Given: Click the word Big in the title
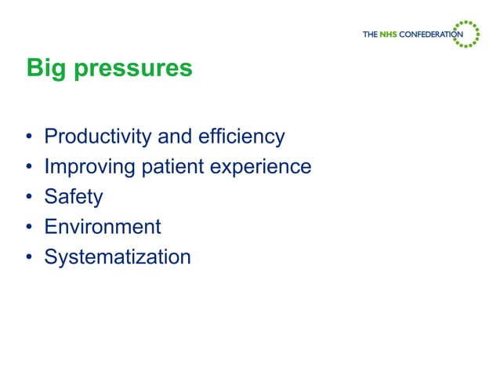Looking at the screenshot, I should (44, 68).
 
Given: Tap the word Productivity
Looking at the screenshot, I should (98, 137).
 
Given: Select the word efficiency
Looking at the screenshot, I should (243, 137).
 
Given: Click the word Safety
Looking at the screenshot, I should (73, 197).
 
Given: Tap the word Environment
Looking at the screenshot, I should (102, 227).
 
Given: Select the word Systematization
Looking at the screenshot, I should (117, 257).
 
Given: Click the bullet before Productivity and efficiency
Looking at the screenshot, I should (29, 138).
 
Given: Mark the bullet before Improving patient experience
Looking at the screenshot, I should (29, 168).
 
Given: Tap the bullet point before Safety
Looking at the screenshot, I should (29, 198).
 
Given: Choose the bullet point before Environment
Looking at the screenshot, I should (29, 228).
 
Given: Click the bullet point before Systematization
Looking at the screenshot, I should (29, 257).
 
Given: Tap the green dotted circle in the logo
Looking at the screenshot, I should (469, 34).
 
